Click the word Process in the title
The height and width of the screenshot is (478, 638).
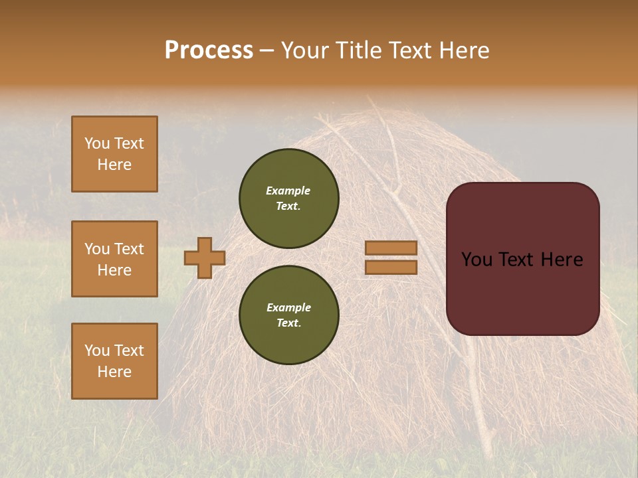[209, 50]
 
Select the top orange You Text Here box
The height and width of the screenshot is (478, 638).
[114, 154]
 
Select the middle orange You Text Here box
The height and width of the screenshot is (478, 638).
[114, 259]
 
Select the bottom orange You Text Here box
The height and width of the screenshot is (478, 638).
[114, 361]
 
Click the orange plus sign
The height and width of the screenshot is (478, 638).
[205, 258]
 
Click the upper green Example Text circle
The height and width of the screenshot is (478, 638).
[288, 199]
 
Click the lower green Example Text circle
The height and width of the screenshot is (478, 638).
[288, 315]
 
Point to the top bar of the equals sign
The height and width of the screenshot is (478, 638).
[391, 248]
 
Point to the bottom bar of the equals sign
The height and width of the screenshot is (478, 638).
[391, 268]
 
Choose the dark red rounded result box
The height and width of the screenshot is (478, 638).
[522, 258]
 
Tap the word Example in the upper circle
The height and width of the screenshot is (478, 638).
[288, 191]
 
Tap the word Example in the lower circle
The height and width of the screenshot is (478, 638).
[288, 308]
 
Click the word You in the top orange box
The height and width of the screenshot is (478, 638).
[97, 143]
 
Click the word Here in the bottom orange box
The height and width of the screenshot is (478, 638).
[114, 372]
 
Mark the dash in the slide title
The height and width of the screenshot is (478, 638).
[267, 50]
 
